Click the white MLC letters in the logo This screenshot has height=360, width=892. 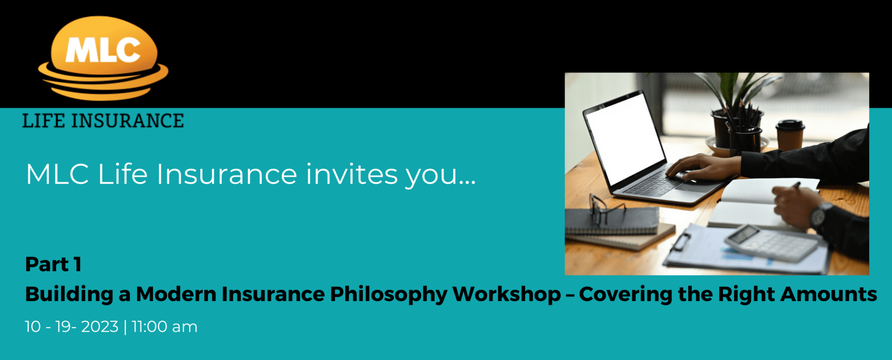[x=103, y=49]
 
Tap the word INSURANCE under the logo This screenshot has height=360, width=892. [x=127, y=121]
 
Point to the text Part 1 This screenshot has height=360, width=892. [x=53, y=264]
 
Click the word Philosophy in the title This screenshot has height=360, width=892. [x=388, y=295]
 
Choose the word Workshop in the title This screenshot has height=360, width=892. [x=507, y=294]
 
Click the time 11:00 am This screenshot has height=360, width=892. [x=164, y=327]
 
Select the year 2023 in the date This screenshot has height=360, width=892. [x=100, y=327]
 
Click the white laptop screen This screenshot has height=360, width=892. [x=625, y=138]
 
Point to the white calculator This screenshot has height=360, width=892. [x=771, y=243]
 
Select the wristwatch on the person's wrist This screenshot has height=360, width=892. [x=820, y=216]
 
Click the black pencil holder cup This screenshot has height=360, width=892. [x=745, y=139]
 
